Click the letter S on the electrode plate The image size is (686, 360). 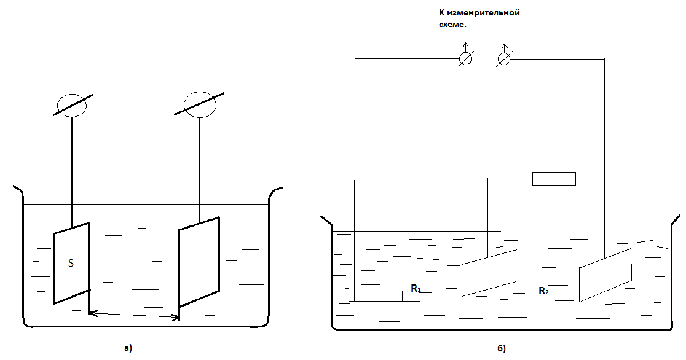pyautogui.click(x=71, y=263)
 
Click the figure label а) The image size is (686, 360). pyautogui.click(x=128, y=348)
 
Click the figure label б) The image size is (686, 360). pyautogui.click(x=502, y=348)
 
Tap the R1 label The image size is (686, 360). pyautogui.click(x=416, y=288)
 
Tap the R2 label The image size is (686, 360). pyautogui.click(x=543, y=291)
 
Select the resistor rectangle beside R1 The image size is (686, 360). pyautogui.click(x=401, y=274)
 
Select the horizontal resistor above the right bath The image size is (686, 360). pyautogui.click(x=554, y=179)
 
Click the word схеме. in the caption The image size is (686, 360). pyautogui.click(x=452, y=25)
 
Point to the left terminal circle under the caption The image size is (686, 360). pyautogui.click(x=465, y=58)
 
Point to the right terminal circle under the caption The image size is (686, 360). pyautogui.click(x=504, y=59)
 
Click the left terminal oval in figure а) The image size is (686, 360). pyautogui.click(x=72, y=105)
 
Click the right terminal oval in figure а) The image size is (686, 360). pyautogui.click(x=200, y=104)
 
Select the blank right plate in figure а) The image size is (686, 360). pyautogui.click(x=199, y=262)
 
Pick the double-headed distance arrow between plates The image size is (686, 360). pyautogui.click(x=134, y=315)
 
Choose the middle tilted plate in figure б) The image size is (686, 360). pyautogui.click(x=489, y=273)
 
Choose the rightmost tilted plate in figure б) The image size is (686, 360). pyautogui.click(x=605, y=275)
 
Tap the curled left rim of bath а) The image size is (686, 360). pyautogui.click(x=18, y=190)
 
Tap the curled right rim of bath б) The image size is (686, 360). pyautogui.click(x=676, y=220)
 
